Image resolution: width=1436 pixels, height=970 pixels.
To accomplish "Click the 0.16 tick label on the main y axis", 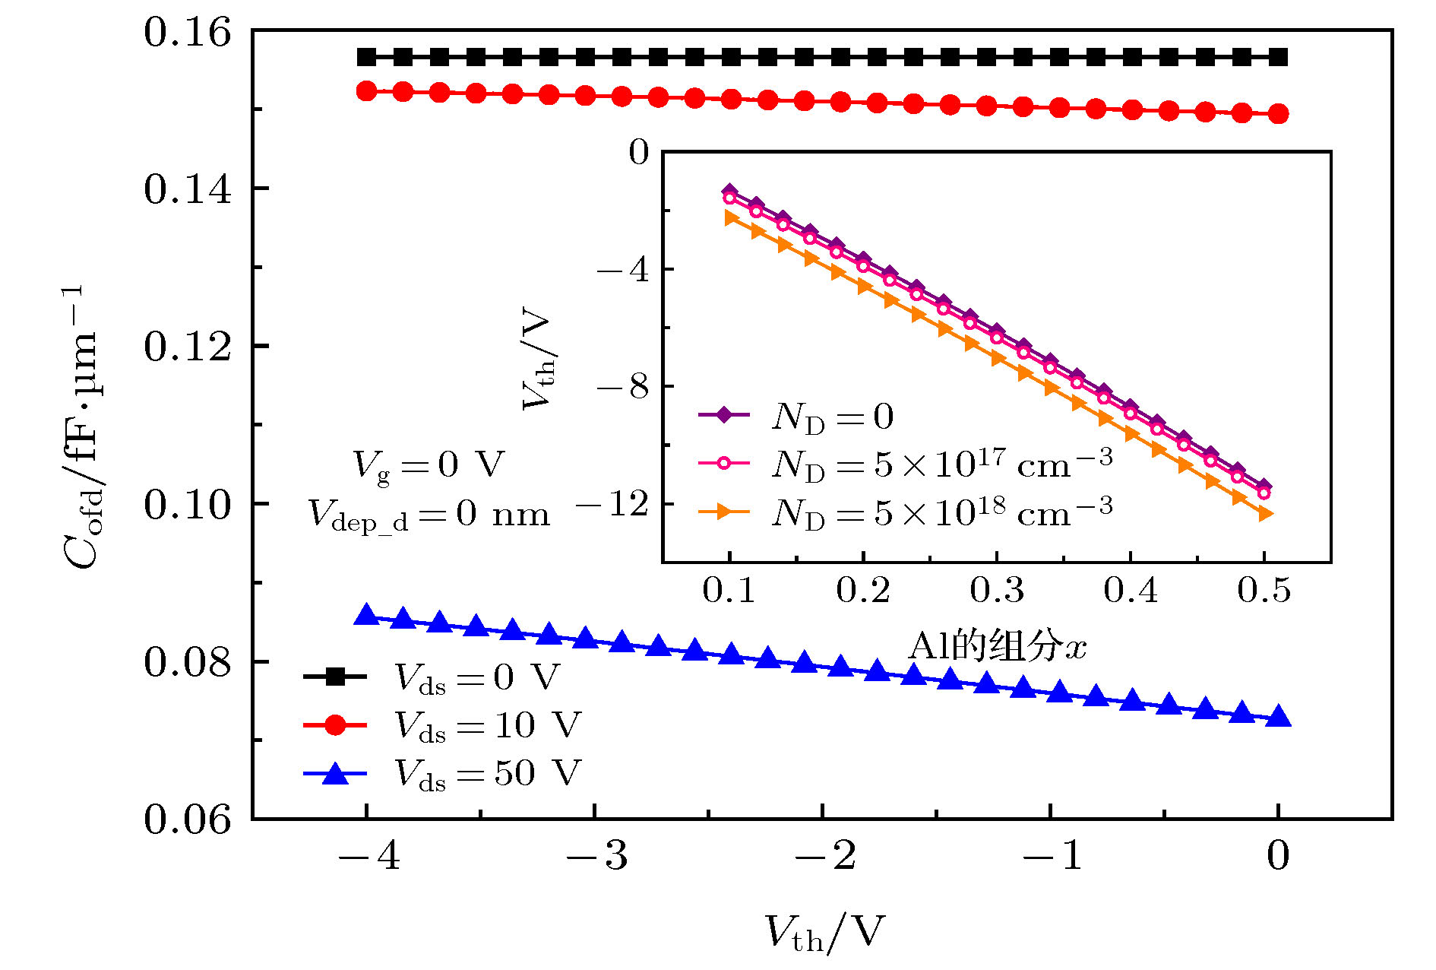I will pyautogui.click(x=187, y=33).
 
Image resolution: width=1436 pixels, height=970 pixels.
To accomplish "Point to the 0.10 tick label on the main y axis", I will pyautogui.click(x=187, y=505).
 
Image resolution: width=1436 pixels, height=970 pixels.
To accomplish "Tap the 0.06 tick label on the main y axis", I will pyautogui.click(x=187, y=819).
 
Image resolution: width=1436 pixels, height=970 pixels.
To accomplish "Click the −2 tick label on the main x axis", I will pyautogui.click(x=824, y=856).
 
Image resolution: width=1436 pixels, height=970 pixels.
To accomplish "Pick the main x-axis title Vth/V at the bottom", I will pyautogui.click(x=824, y=932).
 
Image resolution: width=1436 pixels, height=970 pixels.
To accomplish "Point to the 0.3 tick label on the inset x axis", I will pyautogui.click(x=997, y=590).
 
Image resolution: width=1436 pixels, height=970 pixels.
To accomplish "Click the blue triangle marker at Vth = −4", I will pyautogui.click(x=367, y=615).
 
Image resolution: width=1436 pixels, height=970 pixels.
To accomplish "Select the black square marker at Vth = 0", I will pyautogui.click(x=1279, y=57).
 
